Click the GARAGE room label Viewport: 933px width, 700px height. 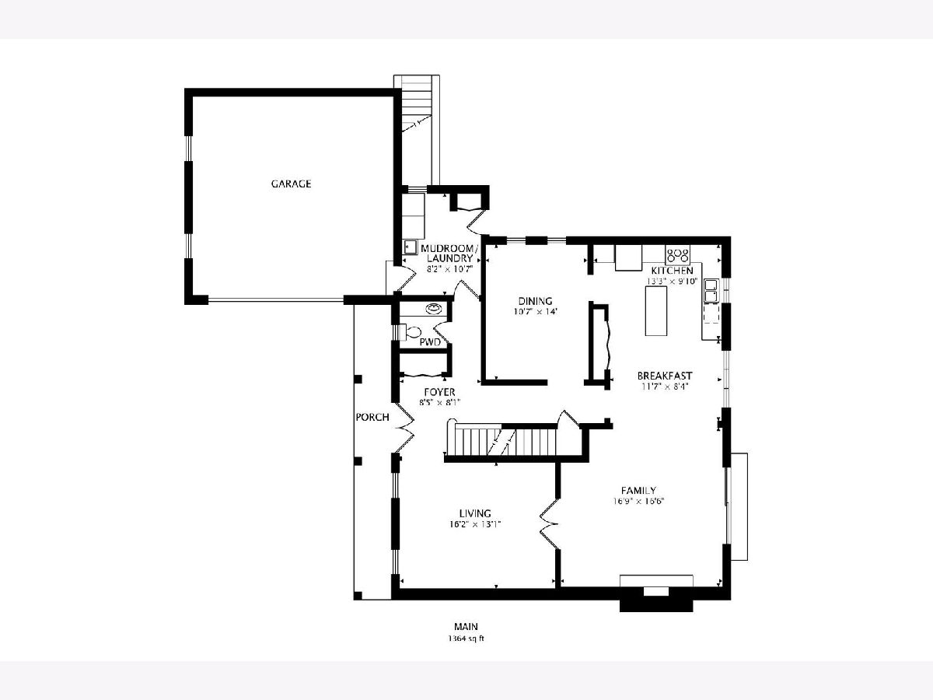pyautogui.click(x=291, y=184)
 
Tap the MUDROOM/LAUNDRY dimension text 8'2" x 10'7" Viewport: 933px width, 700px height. pyautogui.click(x=449, y=268)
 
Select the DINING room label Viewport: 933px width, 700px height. pyautogui.click(x=535, y=301)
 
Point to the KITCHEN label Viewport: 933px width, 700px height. pyautogui.click(x=672, y=271)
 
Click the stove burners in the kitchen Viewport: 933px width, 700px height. pyautogui.click(x=677, y=255)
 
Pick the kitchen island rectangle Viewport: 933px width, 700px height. pyautogui.click(x=656, y=311)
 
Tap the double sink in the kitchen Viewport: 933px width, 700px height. pyautogui.click(x=711, y=290)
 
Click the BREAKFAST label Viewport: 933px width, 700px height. pyautogui.click(x=665, y=376)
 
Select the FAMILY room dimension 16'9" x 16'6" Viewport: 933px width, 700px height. pyautogui.click(x=638, y=501)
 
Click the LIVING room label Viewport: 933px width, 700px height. pyautogui.click(x=475, y=513)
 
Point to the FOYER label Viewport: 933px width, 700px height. pyautogui.click(x=439, y=392)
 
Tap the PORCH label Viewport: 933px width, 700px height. pyautogui.click(x=372, y=418)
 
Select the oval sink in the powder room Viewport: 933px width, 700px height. pyautogui.click(x=434, y=308)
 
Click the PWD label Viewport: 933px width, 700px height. pyautogui.click(x=430, y=342)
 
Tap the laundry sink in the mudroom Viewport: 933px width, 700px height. pyautogui.click(x=410, y=247)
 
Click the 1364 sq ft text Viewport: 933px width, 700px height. pyautogui.click(x=466, y=639)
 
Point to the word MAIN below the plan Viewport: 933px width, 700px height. pyautogui.click(x=466, y=626)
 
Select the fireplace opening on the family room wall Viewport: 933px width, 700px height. pyautogui.click(x=656, y=592)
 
